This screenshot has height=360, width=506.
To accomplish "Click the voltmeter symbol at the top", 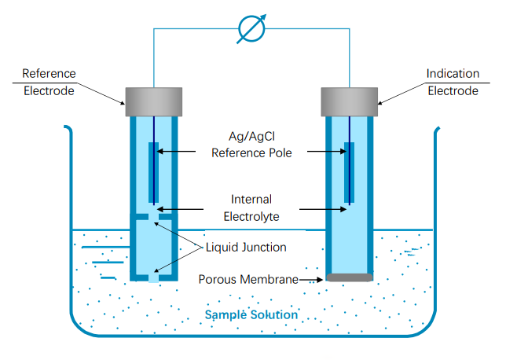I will click(x=251, y=30).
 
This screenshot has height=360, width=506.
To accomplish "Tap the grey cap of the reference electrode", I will click(x=153, y=97).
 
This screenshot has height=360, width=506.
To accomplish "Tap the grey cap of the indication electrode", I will click(x=349, y=97).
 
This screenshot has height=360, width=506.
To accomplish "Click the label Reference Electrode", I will click(x=49, y=82).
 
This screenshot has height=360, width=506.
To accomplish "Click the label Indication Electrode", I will click(x=453, y=82).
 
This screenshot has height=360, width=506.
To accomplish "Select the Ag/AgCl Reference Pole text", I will click(x=251, y=145).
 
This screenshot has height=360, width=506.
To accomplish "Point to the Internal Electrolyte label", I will click(x=251, y=207).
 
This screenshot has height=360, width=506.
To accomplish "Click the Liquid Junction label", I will click(x=246, y=247).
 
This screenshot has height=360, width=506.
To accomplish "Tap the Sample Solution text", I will click(x=251, y=315).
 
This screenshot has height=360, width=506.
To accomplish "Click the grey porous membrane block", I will click(x=349, y=277).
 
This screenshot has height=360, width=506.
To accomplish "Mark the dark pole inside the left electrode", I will click(x=153, y=170).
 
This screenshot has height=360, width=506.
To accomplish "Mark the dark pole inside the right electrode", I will click(x=348, y=170).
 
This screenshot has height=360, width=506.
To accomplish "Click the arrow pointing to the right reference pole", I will click(x=326, y=152).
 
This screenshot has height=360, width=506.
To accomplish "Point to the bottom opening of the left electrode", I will click(x=153, y=277).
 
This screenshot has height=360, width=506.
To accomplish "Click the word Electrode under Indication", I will click(x=453, y=90).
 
